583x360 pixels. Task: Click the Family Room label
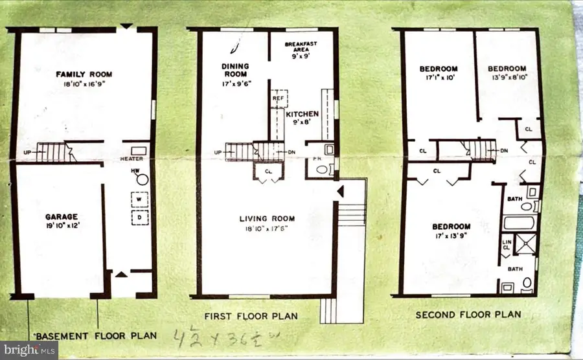(x=82, y=74)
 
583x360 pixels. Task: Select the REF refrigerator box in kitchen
(x=279, y=98)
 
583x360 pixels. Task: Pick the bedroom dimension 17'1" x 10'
(x=439, y=78)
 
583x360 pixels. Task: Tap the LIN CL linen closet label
(x=506, y=247)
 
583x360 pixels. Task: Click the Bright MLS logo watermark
(x=29, y=350)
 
